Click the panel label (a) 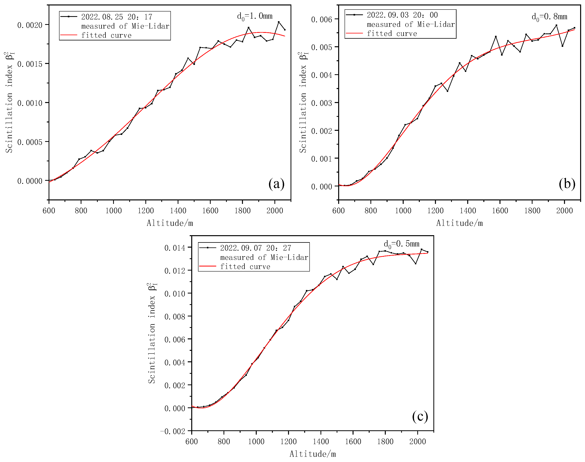coord(276,184)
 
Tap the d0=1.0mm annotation coord(254,16)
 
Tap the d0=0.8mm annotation coord(549,17)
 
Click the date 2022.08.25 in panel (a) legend coord(102,17)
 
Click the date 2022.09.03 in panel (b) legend coord(388,15)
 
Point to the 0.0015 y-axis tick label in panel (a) coord(30,64)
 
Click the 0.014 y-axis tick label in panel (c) coord(175,248)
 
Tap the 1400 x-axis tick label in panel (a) coord(178,210)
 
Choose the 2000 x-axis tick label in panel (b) coord(564,210)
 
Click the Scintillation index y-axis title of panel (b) coord(303,103)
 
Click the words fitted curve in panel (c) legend coord(245,267)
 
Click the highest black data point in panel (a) coord(279,22)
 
